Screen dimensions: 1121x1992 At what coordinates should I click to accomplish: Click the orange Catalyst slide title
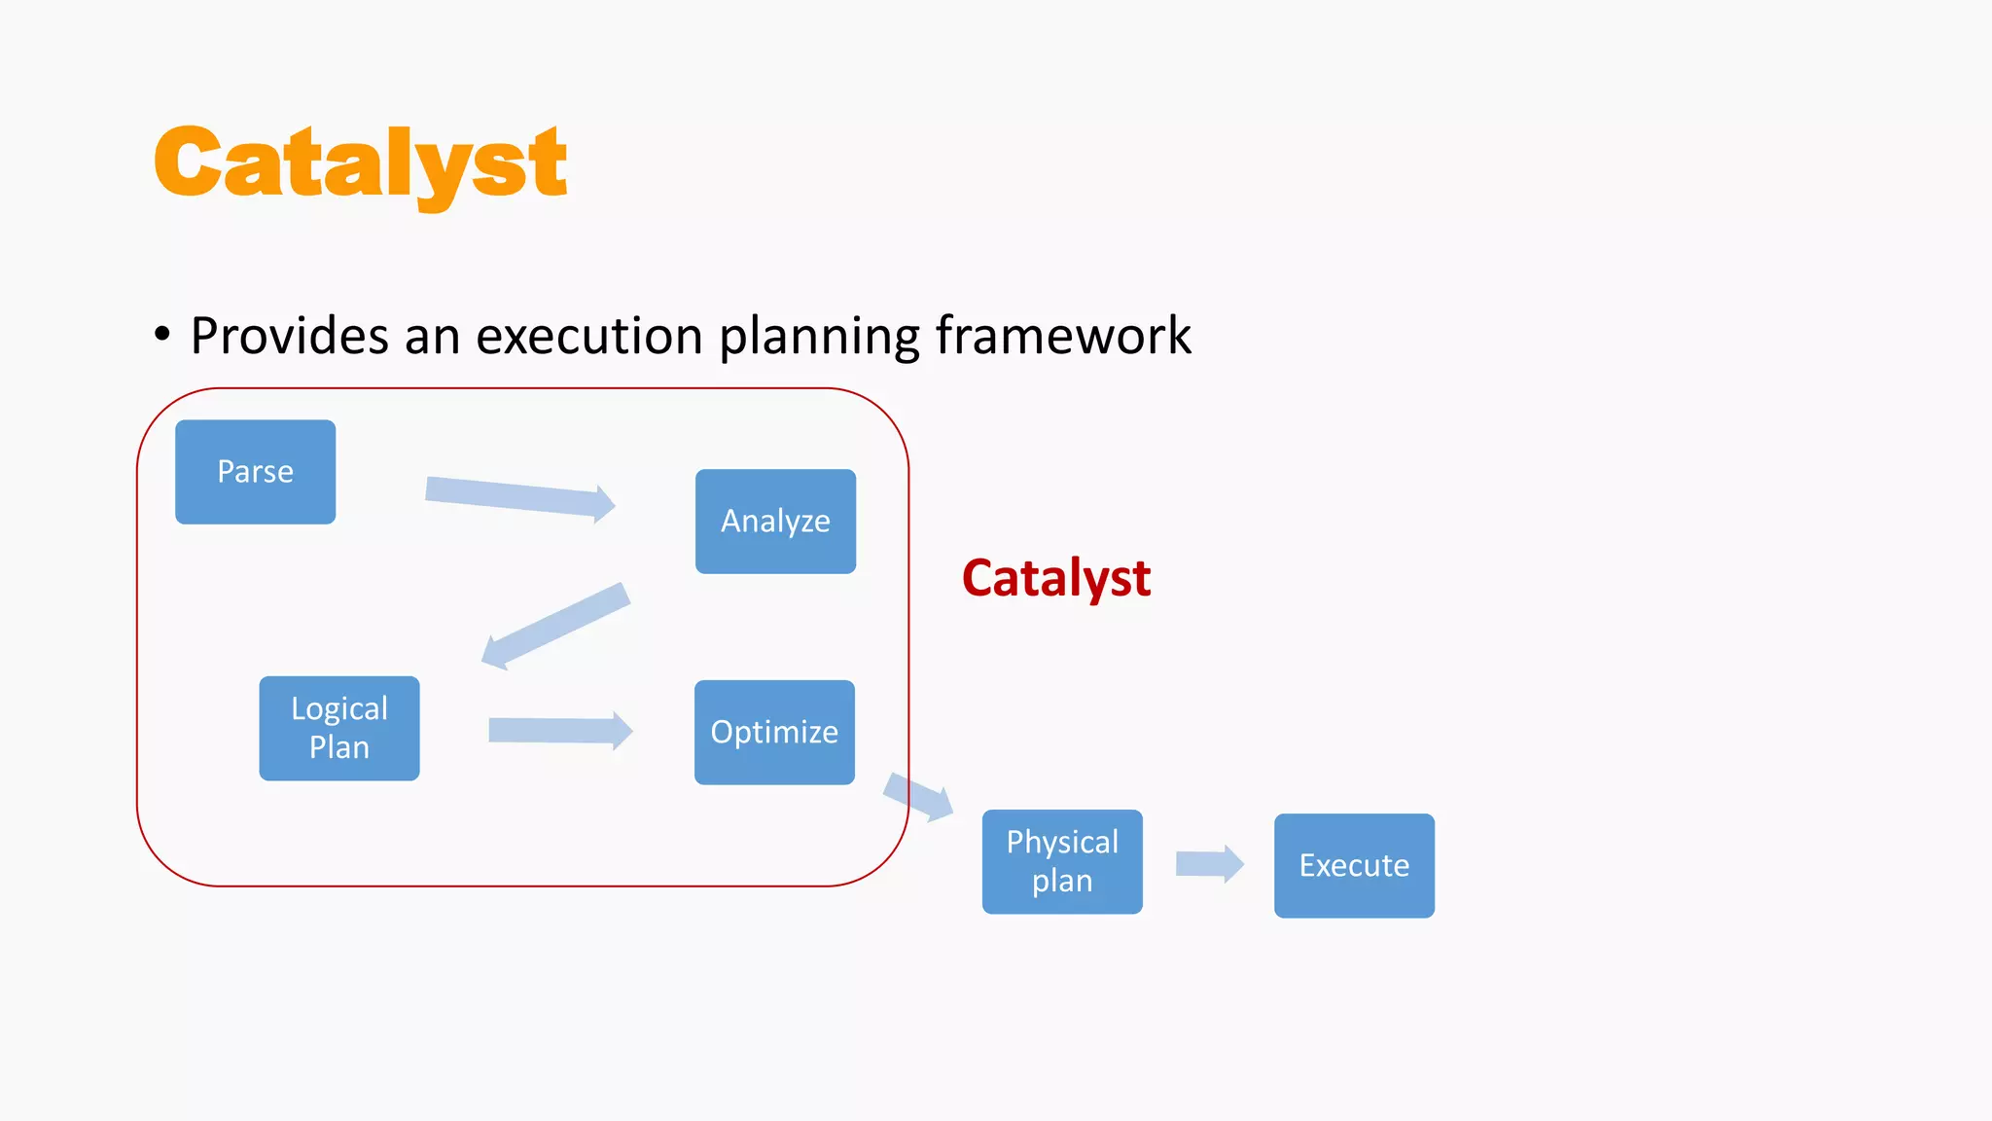tap(360, 163)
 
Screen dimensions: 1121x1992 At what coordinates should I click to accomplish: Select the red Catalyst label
tap(1056, 578)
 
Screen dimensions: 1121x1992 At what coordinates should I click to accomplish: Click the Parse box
tap(255, 472)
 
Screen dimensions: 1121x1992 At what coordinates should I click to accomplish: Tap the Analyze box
tap(775, 522)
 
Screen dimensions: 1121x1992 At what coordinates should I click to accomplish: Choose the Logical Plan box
tap(338, 728)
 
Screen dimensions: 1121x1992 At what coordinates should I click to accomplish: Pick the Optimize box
tap(774, 732)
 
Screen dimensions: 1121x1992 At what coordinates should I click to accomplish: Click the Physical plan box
tap(1062, 861)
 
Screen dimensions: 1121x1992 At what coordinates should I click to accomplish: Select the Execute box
tap(1354, 865)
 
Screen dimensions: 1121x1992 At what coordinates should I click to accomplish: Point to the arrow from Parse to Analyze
tap(520, 497)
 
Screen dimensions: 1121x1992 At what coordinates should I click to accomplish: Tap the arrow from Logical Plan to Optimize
tap(560, 730)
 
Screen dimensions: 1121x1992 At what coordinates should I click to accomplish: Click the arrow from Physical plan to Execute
tap(1209, 863)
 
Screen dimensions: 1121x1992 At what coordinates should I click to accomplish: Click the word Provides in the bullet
tap(290, 336)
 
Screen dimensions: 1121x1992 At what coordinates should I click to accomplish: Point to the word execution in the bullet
tap(588, 336)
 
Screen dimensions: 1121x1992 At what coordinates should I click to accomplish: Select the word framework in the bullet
tap(1063, 336)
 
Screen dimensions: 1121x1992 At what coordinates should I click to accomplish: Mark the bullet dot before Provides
tap(162, 335)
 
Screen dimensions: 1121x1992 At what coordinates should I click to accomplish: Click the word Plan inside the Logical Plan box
tap(338, 747)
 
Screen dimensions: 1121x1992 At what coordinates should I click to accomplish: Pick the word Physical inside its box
tap(1062, 842)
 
